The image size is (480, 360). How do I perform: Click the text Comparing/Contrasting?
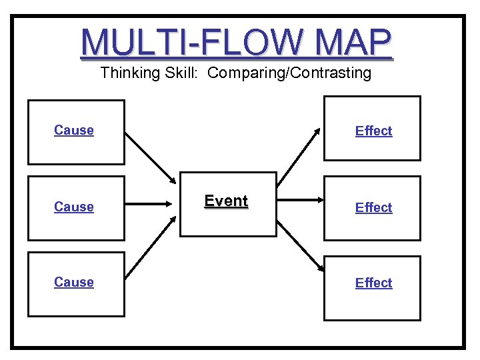pyautogui.click(x=289, y=73)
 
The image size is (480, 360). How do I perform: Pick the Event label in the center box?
pyautogui.click(x=226, y=201)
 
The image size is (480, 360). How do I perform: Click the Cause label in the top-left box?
pyautogui.click(x=74, y=130)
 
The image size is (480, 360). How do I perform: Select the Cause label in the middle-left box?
pyautogui.click(x=74, y=207)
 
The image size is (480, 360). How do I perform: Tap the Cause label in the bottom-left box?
pyautogui.click(x=74, y=282)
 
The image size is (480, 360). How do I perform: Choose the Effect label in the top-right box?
pyautogui.click(x=373, y=131)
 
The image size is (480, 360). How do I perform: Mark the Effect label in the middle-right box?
pyautogui.click(x=373, y=207)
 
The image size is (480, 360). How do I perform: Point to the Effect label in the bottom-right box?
pyautogui.click(x=373, y=283)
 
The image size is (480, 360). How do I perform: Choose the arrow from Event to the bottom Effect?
pyautogui.click(x=300, y=244)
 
